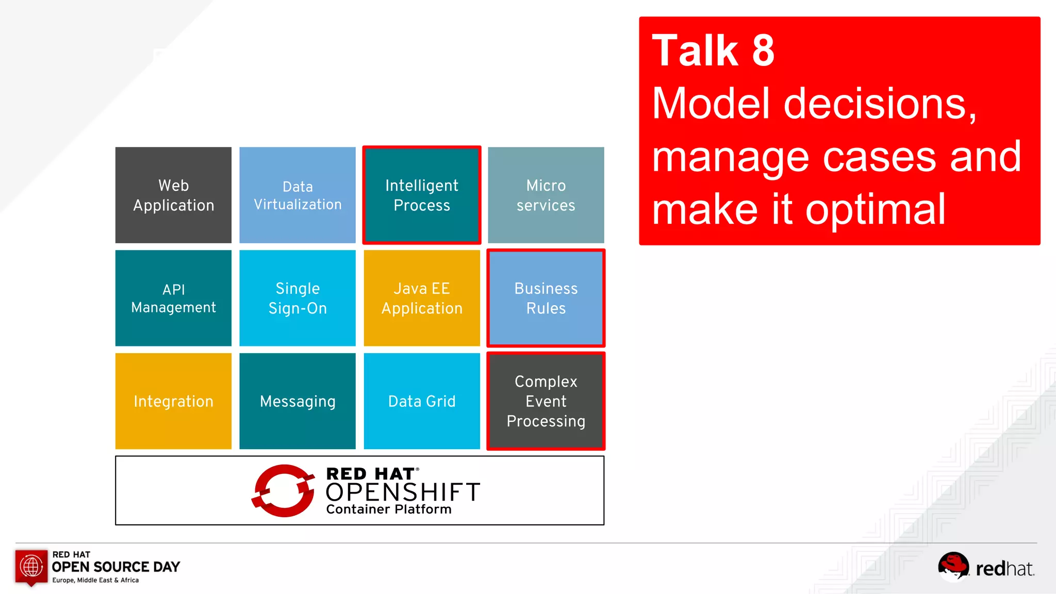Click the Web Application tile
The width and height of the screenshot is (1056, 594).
pos(173,195)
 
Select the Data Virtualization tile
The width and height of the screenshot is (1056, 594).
pos(298,195)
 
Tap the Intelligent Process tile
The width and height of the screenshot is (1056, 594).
pos(422,195)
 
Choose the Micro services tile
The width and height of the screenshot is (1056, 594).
pos(546,195)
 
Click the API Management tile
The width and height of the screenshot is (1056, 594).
pos(173,298)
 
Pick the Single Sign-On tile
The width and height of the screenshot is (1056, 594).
pos(298,298)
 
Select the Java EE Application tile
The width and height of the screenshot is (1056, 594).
pos(422,298)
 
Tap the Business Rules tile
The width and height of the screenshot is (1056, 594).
pos(546,298)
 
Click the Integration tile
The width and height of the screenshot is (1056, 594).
pos(173,401)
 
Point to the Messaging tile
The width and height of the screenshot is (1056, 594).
pos(298,401)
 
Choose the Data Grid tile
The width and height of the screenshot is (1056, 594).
pos(422,401)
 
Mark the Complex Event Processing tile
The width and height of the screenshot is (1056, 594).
pos(546,401)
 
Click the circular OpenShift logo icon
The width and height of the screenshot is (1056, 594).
pos(283,490)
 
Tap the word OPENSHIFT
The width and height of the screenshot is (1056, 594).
pos(403,492)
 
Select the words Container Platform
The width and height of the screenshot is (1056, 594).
pos(389,509)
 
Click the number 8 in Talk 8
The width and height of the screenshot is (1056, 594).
pos(763,51)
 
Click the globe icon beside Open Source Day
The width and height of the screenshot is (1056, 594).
pos(31,566)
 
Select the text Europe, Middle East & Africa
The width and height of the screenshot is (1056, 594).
pos(95,580)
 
